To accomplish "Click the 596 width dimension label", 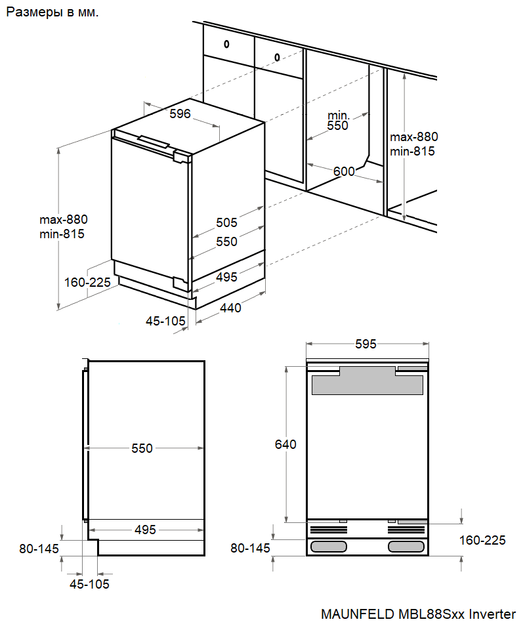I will coord(180,114).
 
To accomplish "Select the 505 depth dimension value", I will coord(227,222).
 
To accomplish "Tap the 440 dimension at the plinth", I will coord(230,307).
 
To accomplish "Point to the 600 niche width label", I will coord(344,171).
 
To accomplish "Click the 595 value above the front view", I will coord(366,344).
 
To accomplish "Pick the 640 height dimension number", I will coord(285,444).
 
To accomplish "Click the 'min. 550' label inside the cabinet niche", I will coord(339,120).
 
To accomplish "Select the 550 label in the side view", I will coord(142,448).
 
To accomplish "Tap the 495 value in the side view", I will coord(144,530).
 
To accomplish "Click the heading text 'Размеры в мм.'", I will coord(52,13).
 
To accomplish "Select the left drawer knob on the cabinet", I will coord(226,45).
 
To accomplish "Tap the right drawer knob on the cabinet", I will coord(278,56).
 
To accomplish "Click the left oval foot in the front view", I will coord(329,547).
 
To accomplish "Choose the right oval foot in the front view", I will coord(407,547).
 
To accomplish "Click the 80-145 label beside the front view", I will coord(250,548).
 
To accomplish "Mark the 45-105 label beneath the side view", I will coord(91,584).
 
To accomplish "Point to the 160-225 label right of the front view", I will coord(482,540).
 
